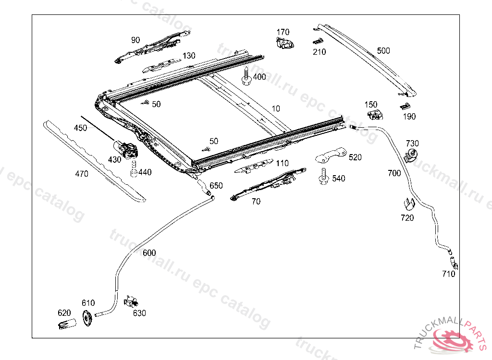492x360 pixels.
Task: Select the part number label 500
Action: click(x=383, y=50)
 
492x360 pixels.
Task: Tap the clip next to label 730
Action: click(x=411, y=155)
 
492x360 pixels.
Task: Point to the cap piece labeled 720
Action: click(x=407, y=204)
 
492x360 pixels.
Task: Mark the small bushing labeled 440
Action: click(x=135, y=169)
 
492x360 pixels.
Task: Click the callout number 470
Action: click(x=82, y=174)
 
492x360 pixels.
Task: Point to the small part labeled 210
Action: click(x=317, y=42)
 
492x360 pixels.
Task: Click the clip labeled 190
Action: click(x=405, y=106)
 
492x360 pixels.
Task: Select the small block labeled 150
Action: click(x=374, y=114)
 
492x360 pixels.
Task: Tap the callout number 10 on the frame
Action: click(x=275, y=108)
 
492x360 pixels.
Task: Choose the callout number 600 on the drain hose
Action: click(x=149, y=253)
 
